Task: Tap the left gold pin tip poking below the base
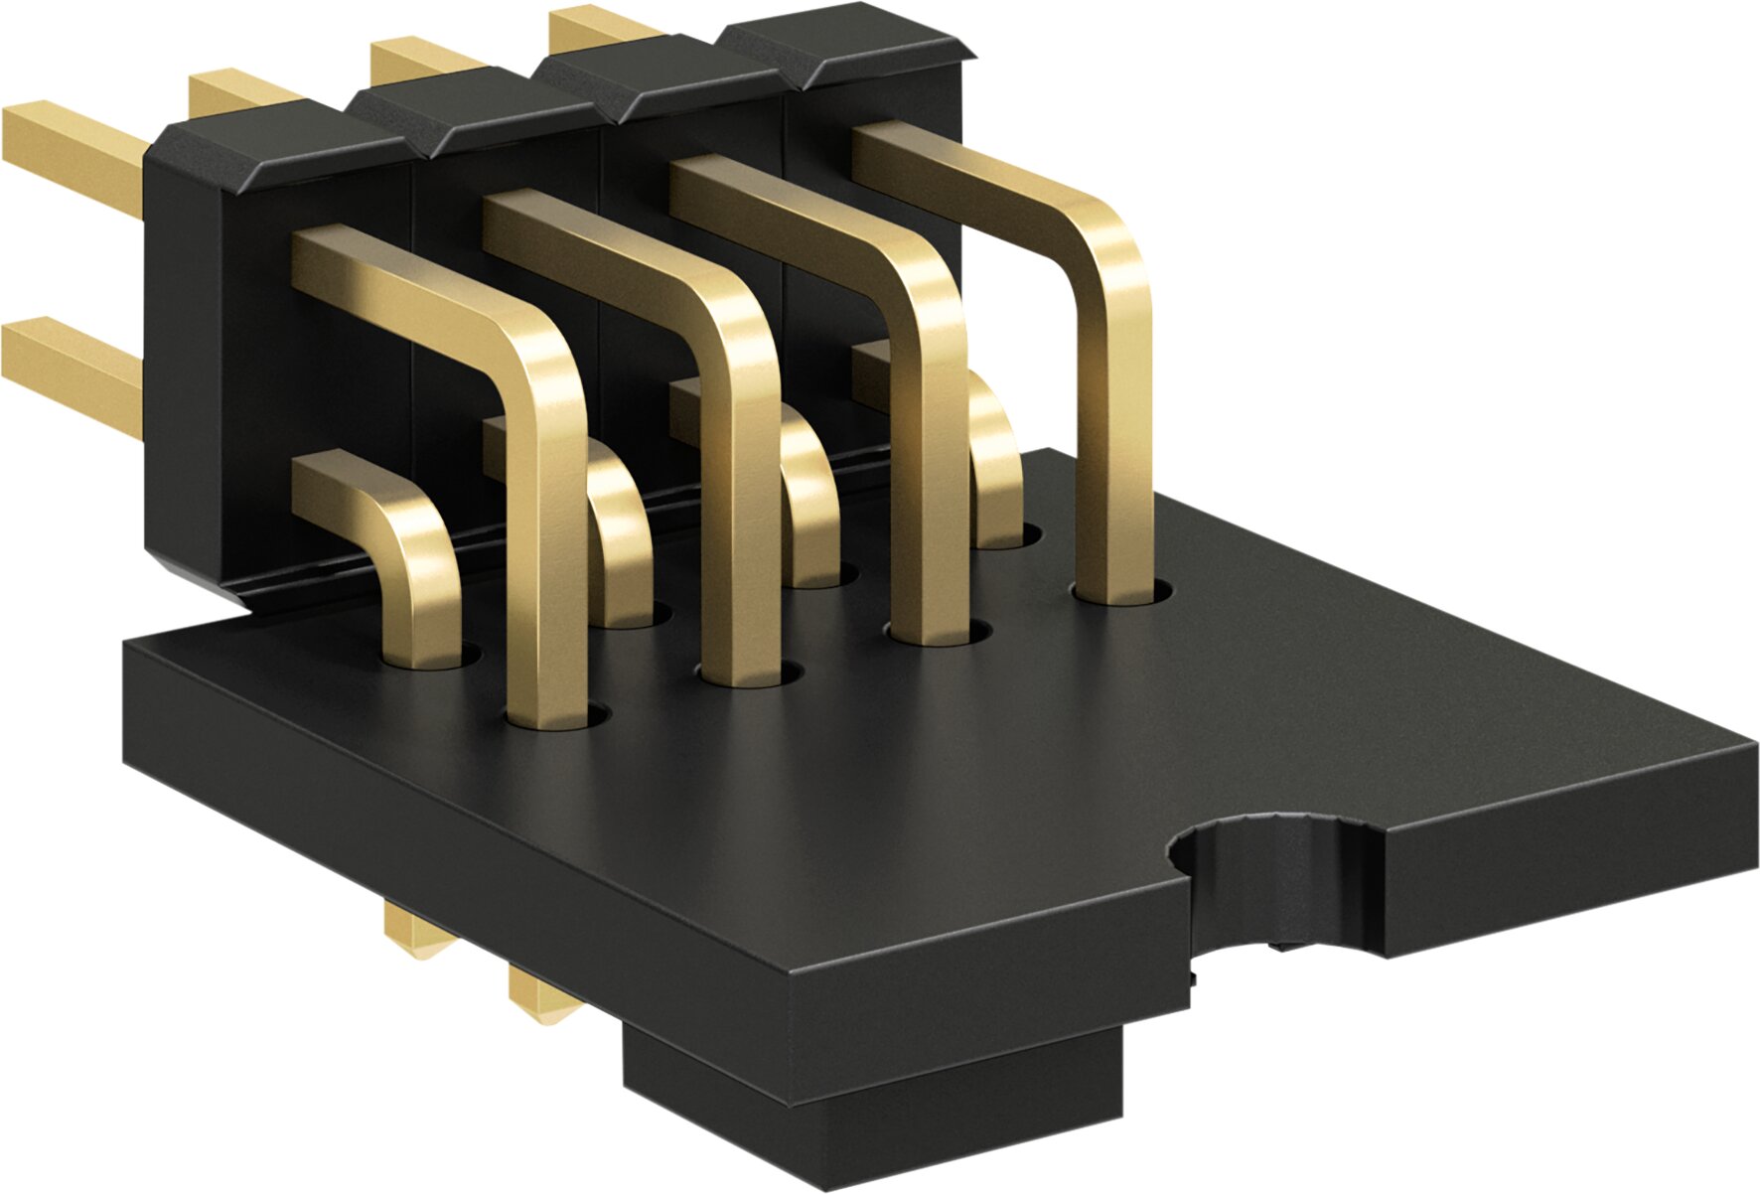tap(422, 934)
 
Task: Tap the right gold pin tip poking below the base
tap(541, 993)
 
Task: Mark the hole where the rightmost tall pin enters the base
tap(1122, 594)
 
